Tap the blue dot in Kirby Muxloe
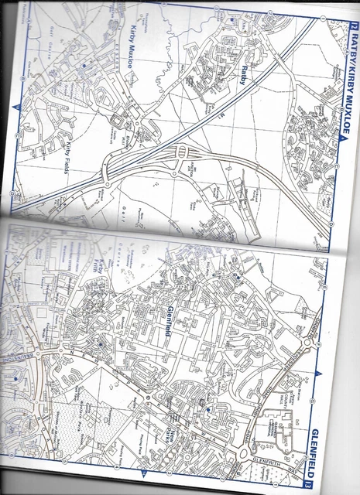coord(84,68)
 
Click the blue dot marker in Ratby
coord(232,18)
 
